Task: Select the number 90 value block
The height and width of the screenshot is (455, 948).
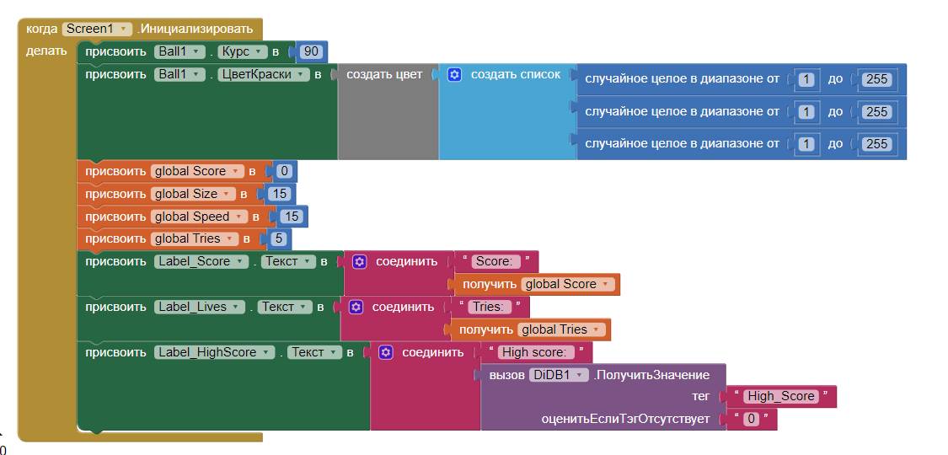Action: (311, 51)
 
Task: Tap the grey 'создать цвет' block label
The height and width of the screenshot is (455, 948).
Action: (384, 74)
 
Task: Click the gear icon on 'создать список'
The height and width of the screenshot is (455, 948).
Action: (455, 74)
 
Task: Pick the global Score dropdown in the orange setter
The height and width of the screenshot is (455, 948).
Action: (197, 171)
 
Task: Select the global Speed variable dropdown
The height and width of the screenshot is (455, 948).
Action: (199, 217)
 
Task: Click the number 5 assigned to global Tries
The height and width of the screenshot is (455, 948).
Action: (278, 238)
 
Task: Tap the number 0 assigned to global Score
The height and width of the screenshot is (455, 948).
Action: (284, 171)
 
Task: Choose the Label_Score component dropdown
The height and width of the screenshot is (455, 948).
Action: (201, 261)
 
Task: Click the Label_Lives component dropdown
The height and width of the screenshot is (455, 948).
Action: (200, 307)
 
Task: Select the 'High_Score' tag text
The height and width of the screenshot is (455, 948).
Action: (781, 396)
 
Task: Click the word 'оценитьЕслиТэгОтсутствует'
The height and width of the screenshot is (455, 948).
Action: (625, 419)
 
